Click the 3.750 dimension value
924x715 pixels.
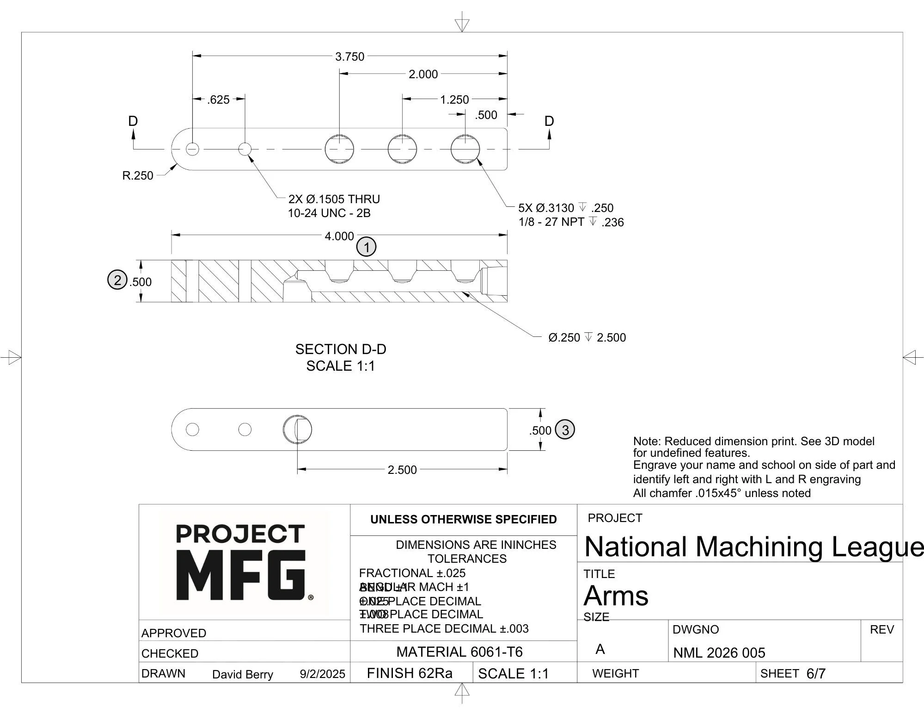[x=349, y=56]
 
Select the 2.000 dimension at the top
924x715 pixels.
[x=423, y=74]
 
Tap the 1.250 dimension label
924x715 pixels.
[x=454, y=99]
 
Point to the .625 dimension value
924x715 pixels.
[x=218, y=99]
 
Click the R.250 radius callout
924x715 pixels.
[x=137, y=176]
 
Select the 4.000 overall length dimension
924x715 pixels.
[x=339, y=236]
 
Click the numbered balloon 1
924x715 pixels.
[x=367, y=247]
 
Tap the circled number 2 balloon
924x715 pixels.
[x=117, y=280]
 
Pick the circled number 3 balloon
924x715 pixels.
[x=564, y=429]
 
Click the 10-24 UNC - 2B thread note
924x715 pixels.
[x=329, y=213]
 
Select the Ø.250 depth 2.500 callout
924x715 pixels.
[x=587, y=337]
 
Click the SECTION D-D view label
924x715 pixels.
[x=341, y=349]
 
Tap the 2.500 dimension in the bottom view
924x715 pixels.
[x=402, y=470]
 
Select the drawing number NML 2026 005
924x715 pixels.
[x=719, y=653]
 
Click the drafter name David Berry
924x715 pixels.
[x=242, y=674]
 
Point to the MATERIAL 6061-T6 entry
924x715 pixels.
[x=459, y=652]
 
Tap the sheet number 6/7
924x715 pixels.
[x=816, y=673]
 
